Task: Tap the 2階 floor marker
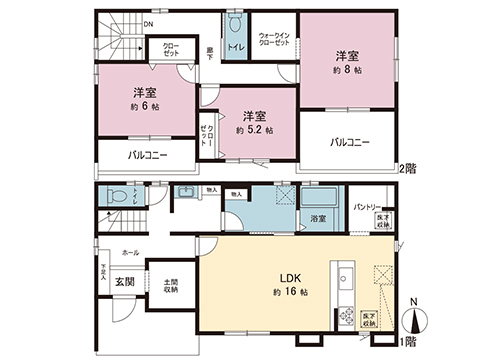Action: (x=409, y=167)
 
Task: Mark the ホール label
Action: (x=131, y=254)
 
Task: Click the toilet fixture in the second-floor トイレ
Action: (x=236, y=23)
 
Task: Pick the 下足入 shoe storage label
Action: (x=103, y=271)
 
